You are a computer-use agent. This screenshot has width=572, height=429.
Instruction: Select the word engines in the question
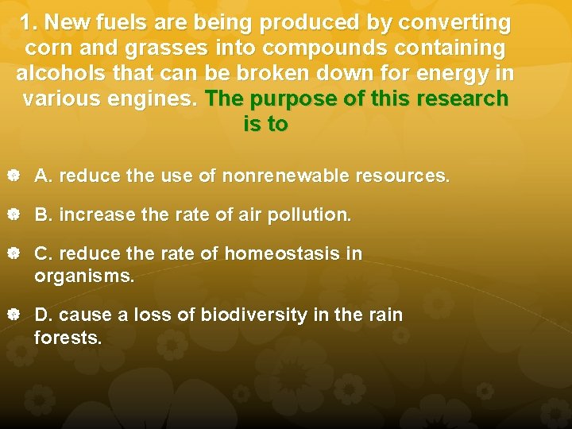(x=159, y=99)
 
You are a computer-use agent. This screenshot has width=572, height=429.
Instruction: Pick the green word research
(x=456, y=99)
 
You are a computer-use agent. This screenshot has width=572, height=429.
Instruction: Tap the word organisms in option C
(x=83, y=277)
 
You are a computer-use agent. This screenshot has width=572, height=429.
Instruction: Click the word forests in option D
(x=68, y=338)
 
